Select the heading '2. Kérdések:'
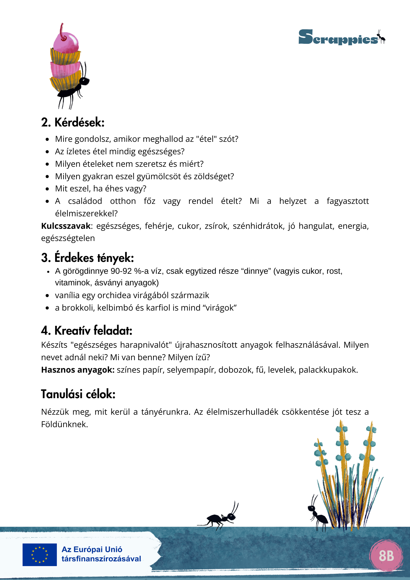(72, 122)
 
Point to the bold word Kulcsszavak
(66, 226)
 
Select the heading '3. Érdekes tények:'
(87, 258)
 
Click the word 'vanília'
(67, 295)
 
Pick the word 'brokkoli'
(78, 308)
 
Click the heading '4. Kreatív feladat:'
(86, 331)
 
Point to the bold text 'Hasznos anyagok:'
(78, 370)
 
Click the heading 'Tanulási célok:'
(78, 394)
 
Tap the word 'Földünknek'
(64, 425)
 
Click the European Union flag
(40, 554)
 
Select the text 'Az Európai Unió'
(92, 550)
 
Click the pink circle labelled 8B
(386, 556)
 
